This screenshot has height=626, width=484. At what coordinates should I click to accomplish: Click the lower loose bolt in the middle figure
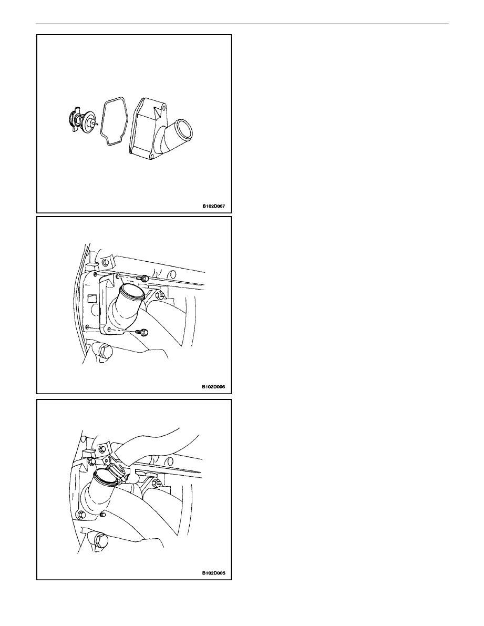point(141,331)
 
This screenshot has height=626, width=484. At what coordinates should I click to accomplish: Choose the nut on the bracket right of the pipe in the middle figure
point(160,296)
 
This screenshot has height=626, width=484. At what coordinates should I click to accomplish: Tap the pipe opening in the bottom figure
point(105,478)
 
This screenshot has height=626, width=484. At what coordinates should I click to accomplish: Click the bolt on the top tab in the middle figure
point(105,263)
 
